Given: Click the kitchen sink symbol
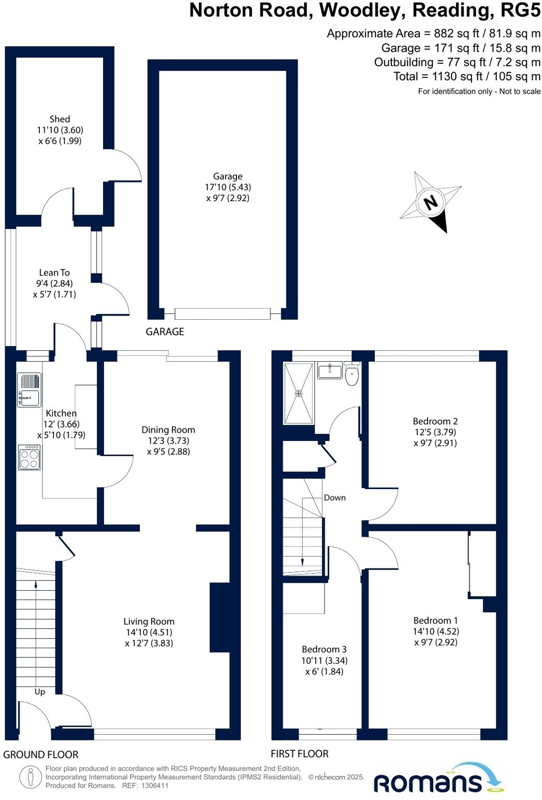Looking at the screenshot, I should click(29, 390).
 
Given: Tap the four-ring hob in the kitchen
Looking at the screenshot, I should click(29, 458).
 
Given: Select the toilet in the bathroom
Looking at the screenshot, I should click(352, 376).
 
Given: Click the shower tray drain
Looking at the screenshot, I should click(299, 393).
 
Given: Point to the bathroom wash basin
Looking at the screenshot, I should click(329, 370).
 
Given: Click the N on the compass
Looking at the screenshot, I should click(430, 202).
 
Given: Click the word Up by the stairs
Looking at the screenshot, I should click(40, 691).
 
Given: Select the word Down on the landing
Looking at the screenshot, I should click(334, 497).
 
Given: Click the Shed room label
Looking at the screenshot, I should click(60, 119).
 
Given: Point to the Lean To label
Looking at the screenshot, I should click(54, 273).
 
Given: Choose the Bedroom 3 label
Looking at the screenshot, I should click(324, 649).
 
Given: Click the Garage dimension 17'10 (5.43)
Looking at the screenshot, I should click(228, 187).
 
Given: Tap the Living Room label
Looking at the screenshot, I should click(149, 621).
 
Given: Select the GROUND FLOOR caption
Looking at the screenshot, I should click(41, 754).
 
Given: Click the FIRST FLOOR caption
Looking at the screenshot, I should click(300, 753).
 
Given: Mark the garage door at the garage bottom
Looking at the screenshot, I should click(223, 313).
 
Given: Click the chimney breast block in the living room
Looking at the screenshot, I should click(219, 617).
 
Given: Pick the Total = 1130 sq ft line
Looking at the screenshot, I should click(466, 77).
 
